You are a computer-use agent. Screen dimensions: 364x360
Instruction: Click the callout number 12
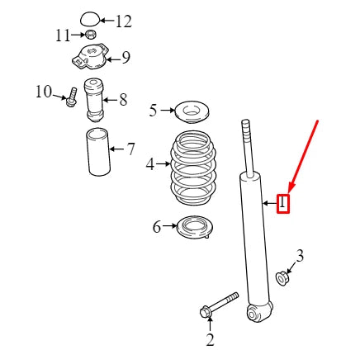coord(122,21)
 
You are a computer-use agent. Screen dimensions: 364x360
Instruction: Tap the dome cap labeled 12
coord(90,17)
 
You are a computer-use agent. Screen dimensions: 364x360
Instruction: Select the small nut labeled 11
coord(92,35)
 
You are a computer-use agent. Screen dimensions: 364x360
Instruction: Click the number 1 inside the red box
coord(283,201)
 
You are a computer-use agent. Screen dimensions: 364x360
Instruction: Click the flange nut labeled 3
coord(282,278)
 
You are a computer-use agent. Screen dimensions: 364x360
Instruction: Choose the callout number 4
coord(149,164)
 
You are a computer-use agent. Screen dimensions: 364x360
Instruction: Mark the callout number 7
coord(130,149)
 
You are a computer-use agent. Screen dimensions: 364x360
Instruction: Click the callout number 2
coord(210,339)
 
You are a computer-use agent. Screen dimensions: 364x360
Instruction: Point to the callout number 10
coord(43,91)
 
